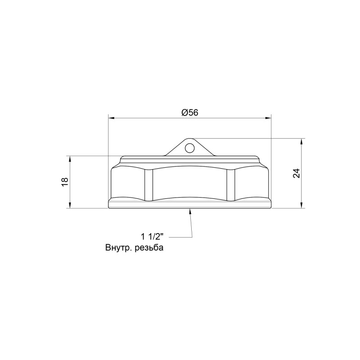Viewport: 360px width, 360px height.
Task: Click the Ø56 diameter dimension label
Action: pos(190,113)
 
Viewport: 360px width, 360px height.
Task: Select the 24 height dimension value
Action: pos(296,173)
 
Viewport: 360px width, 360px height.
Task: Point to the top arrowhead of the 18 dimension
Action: pos(69,159)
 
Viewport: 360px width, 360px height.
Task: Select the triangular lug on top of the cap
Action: pos(189,149)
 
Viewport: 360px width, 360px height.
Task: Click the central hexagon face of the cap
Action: pos(190,184)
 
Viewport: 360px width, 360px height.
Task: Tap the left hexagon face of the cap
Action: pos(127,184)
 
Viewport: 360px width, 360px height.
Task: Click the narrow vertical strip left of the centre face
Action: pos(148,184)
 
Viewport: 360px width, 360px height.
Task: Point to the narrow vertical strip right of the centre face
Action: pos(231,184)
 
